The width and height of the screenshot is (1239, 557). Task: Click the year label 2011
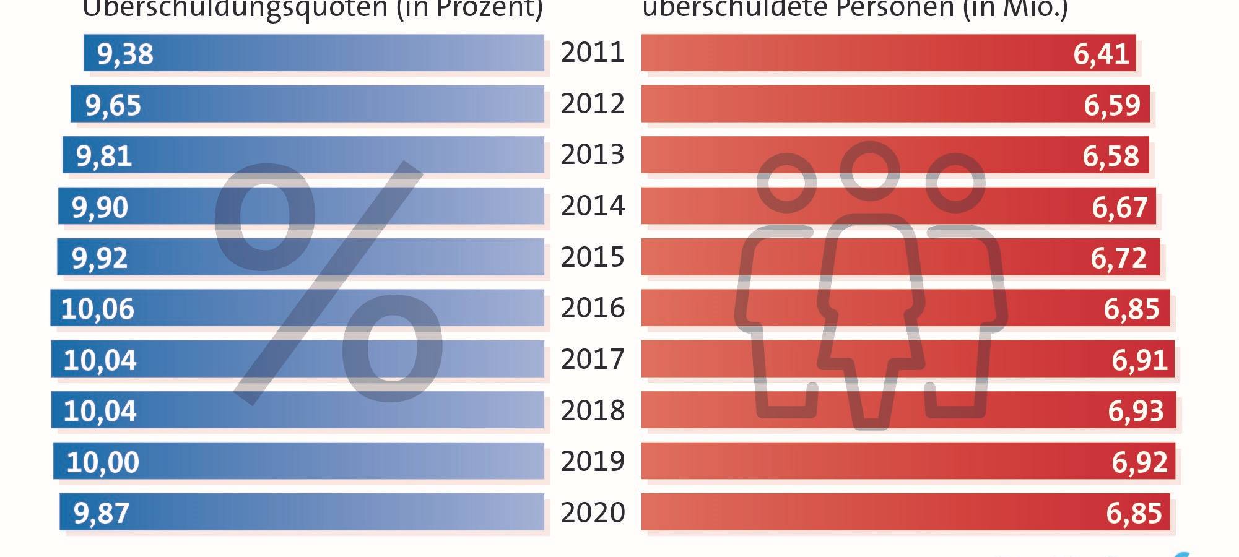[593, 53]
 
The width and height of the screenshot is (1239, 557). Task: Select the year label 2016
[593, 308]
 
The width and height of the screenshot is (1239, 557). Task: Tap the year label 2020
[593, 513]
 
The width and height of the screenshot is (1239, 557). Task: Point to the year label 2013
[593, 155]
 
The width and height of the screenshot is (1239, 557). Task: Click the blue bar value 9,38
[125, 54]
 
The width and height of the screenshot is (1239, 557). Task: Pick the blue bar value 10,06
[97, 309]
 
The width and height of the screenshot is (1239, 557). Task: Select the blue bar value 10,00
[103, 462]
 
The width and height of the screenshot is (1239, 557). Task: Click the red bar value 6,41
[1101, 54]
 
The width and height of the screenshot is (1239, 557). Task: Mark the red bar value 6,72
[1118, 258]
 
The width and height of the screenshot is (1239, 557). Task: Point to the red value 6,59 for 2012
[1111, 105]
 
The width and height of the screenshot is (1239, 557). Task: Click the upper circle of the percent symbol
[265, 218]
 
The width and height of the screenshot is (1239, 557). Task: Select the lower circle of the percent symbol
[393, 348]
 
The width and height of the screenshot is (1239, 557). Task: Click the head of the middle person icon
[869, 171]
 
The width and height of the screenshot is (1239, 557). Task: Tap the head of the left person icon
[786, 183]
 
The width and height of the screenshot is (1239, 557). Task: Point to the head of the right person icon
[955, 183]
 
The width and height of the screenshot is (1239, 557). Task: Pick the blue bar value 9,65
[113, 105]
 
